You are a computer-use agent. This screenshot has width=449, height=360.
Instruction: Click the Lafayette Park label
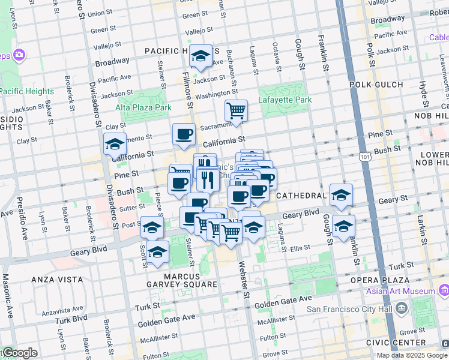click(285, 100)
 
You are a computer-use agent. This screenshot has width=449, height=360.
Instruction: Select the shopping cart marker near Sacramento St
click(236, 110)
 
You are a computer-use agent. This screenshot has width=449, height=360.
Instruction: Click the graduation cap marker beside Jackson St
click(200, 56)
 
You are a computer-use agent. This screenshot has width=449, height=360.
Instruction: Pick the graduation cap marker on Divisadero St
click(115, 145)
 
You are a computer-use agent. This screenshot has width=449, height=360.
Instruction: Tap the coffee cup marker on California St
click(184, 134)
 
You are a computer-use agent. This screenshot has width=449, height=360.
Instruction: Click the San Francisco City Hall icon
click(401, 308)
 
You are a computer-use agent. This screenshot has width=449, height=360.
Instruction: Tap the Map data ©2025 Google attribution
click(411, 355)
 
